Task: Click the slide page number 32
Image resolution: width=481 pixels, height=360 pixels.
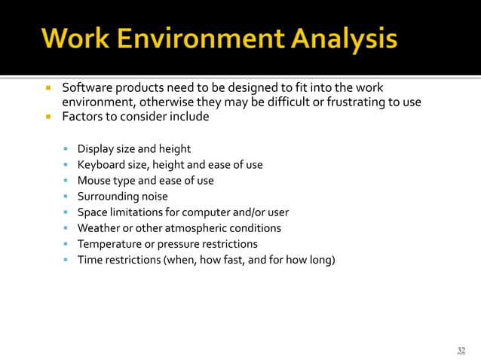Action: pyautogui.click(x=461, y=350)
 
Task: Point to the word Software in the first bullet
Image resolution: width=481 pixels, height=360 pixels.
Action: pyautogui.click(x=85, y=88)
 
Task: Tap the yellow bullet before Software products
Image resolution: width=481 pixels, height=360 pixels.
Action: pyautogui.click(x=47, y=89)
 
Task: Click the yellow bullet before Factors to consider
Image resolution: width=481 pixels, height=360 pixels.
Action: pyautogui.click(x=47, y=117)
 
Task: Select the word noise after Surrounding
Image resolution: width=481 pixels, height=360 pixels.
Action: pyautogui.click(x=152, y=197)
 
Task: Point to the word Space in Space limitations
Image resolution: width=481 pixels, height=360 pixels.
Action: pyautogui.click(x=92, y=212)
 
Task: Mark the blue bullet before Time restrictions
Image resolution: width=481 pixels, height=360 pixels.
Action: pyautogui.click(x=67, y=260)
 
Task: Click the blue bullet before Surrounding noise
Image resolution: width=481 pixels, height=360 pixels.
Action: pyautogui.click(x=67, y=197)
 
